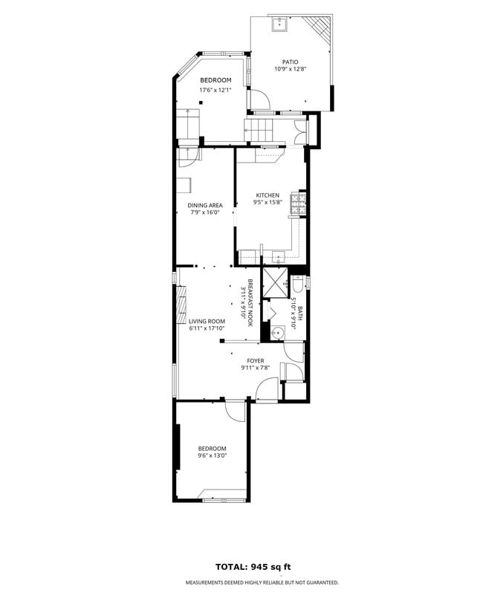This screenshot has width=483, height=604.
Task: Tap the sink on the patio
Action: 282,26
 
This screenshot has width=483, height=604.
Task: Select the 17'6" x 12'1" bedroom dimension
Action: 215,91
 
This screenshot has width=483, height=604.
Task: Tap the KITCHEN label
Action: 268,195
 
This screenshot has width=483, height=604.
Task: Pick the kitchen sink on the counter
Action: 279,258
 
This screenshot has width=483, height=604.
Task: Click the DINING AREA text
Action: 205,205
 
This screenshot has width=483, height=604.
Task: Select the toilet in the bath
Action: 297,284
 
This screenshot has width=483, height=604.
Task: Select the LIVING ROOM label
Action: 207,321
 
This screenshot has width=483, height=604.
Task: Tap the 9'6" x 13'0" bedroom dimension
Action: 212,455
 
